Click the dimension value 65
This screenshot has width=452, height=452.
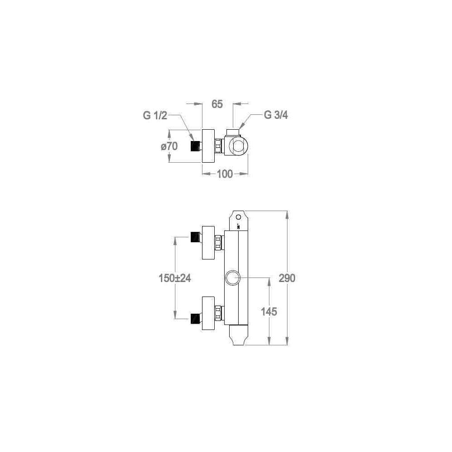pos(217,104)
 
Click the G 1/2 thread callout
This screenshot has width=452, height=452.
pos(155,116)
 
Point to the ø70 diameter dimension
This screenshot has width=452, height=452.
pos(169,146)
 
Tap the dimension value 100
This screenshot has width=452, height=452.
pos(225,174)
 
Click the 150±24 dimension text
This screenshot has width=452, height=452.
pos(174,278)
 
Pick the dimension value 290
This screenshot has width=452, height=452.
pos(287,278)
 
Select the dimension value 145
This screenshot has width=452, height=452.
pos(268,311)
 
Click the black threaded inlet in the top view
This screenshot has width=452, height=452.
pos(195,146)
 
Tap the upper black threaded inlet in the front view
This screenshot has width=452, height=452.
pos(196,237)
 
